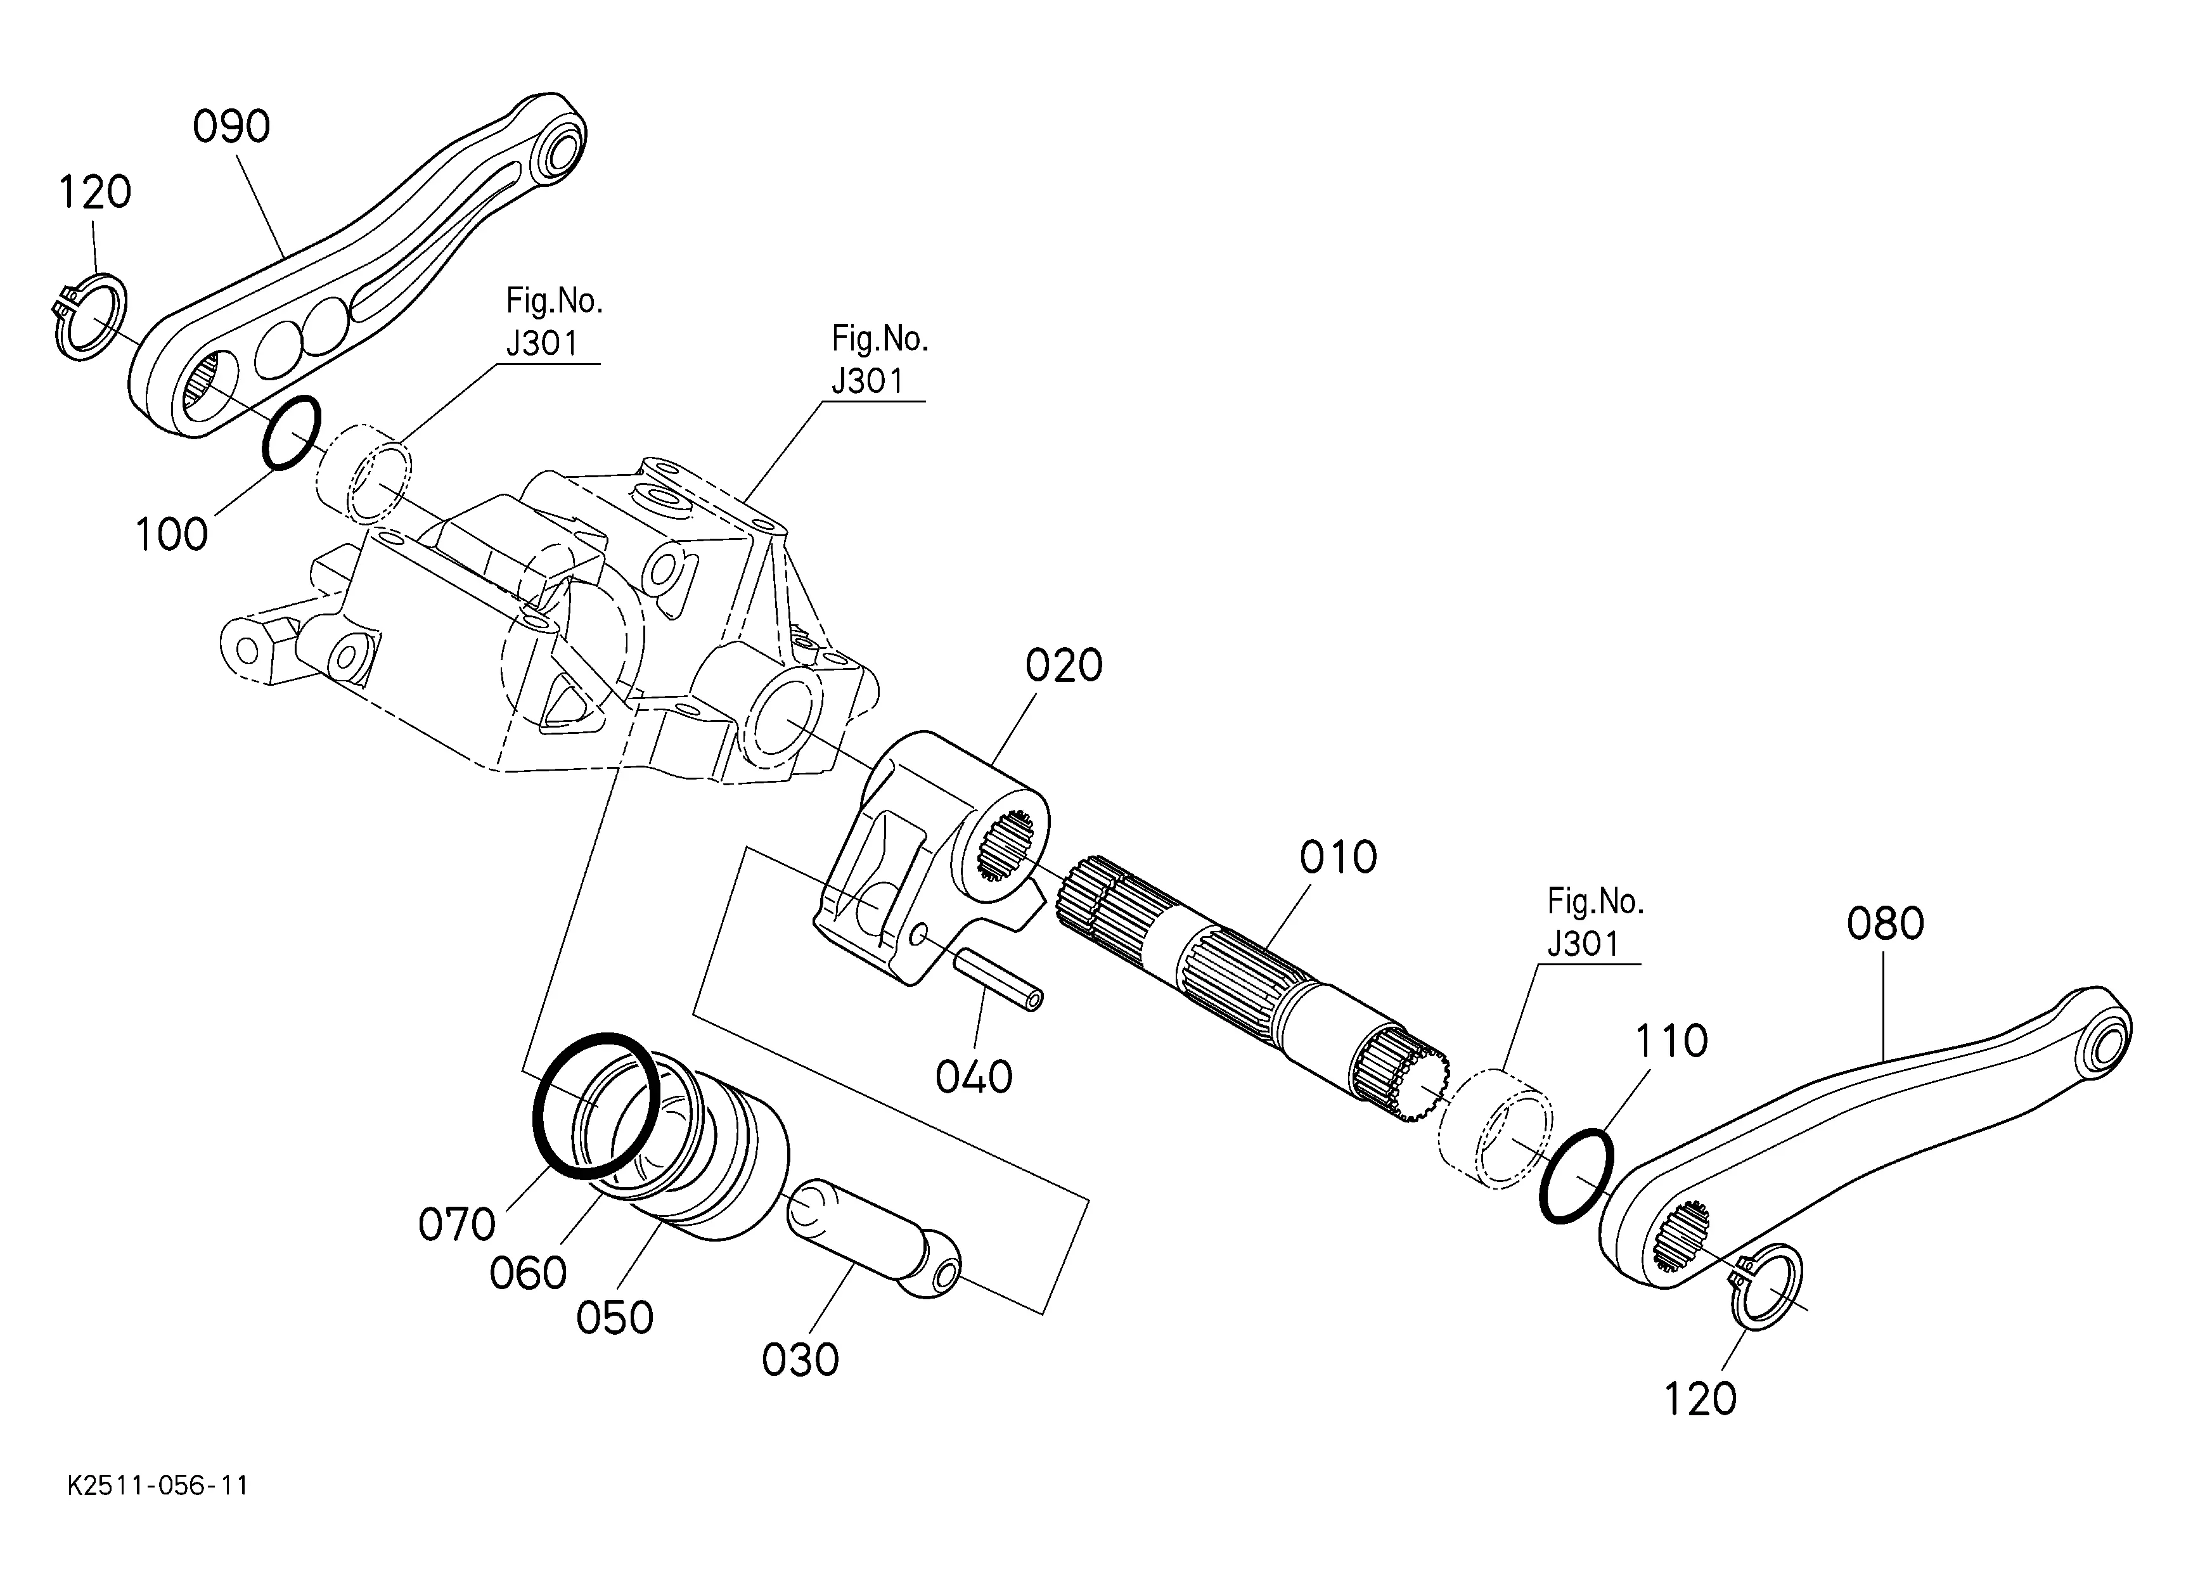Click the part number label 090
coord(231,127)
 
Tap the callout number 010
coord(1339,857)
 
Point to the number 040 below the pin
coord(974,1077)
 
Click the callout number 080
coord(1886,924)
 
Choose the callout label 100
coord(172,535)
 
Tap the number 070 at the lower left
coord(457,1224)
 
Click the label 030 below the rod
coord(800,1359)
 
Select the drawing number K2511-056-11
coord(158,1486)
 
